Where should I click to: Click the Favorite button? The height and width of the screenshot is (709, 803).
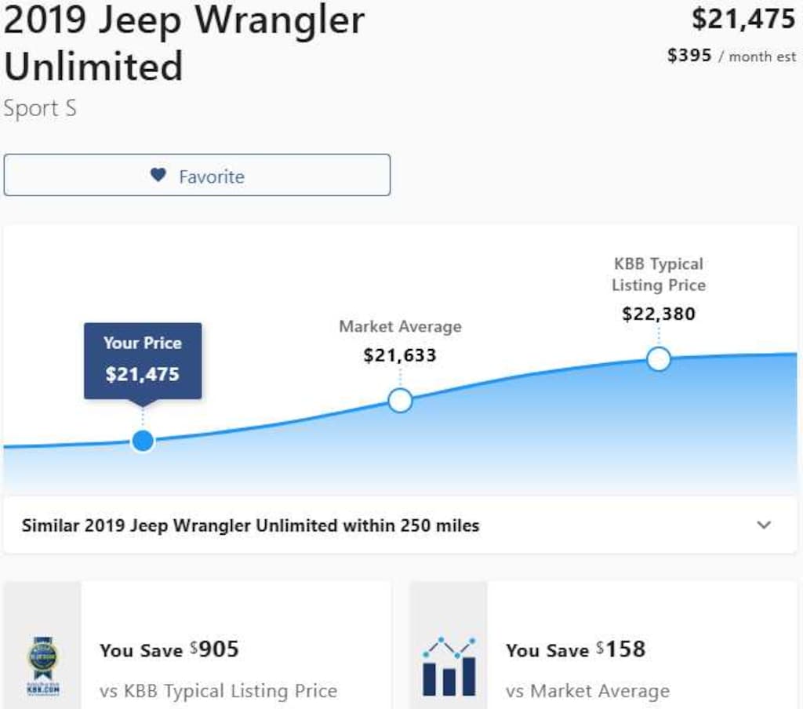coord(197,175)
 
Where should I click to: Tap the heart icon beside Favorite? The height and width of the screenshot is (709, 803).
coord(158,175)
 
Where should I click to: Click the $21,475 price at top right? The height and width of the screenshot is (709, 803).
coord(743,19)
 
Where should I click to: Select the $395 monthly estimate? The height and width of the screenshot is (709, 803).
coord(689,56)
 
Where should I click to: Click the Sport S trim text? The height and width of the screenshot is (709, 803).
coord(40,108)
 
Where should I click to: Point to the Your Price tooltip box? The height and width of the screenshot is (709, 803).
coord(143,360)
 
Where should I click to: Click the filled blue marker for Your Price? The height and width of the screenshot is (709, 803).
coord(143,441)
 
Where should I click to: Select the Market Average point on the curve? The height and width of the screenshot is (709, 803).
coord(400,401)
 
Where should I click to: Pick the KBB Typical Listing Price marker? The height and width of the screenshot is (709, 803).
coord(659,359)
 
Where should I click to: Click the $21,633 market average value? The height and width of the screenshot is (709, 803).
coord(400,355)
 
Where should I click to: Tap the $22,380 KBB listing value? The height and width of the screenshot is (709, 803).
coord(659,315)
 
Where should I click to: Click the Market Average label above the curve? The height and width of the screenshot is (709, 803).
coord(400,326)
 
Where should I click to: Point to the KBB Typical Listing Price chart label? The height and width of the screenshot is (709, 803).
coord(659,275)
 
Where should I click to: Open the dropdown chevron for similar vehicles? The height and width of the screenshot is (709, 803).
coord(764,525)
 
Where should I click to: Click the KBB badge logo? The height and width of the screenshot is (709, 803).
coord(43,665)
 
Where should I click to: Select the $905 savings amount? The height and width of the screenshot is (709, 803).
coord(217,649)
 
